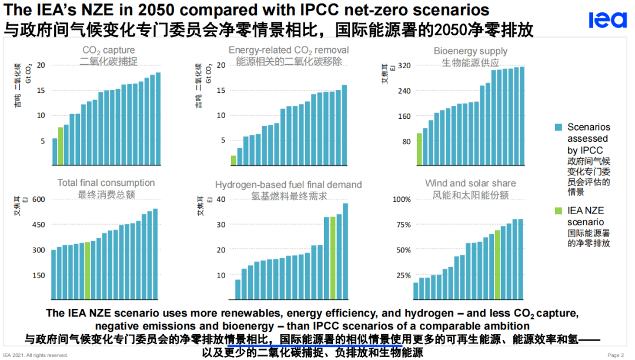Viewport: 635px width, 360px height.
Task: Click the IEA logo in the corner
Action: (x=608, y=20)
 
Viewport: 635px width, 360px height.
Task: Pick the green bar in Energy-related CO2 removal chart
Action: (x=233, y=160)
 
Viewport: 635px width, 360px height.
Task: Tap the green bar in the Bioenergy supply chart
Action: (x=419, y=149)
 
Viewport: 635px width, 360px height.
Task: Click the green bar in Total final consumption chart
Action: (x=88, y=271)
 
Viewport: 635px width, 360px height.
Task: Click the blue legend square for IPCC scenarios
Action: (x=559, y=127)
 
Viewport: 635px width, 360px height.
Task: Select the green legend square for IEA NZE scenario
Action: (x=559, y=211)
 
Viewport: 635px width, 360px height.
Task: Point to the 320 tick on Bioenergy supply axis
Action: (x=403, y=65)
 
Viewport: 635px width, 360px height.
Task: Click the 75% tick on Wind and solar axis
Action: (x=402, y=225)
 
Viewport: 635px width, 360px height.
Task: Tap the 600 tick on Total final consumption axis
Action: (x=38, y=199)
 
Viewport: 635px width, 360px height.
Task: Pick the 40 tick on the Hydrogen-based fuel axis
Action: (x=221, y=199)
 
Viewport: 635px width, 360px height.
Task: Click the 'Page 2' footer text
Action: (x=615, y=355)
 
